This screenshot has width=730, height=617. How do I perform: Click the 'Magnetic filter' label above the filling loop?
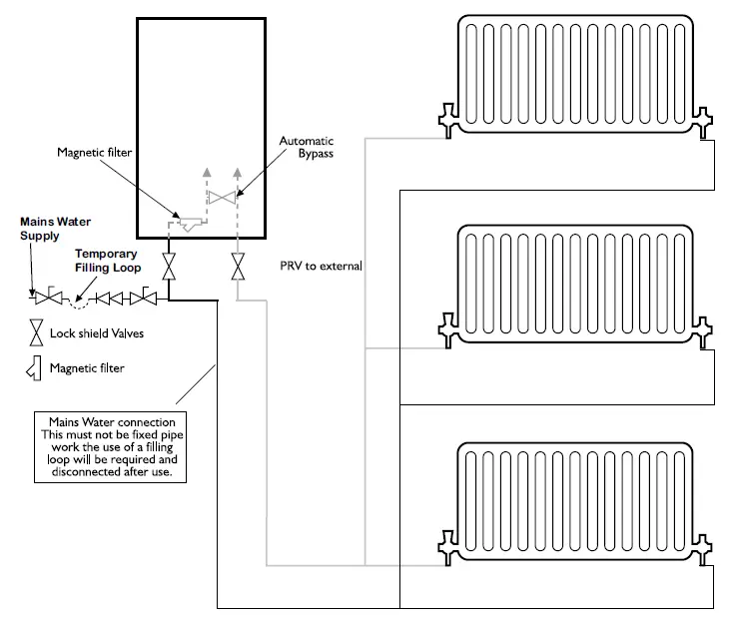coord(94,151)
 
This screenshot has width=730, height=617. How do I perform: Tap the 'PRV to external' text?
coord(322,267)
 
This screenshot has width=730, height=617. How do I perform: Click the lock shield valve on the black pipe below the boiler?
coord(170,267)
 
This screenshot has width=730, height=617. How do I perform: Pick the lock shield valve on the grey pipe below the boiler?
coord(238,267)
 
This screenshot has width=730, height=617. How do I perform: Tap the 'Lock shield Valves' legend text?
coord(96,332)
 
